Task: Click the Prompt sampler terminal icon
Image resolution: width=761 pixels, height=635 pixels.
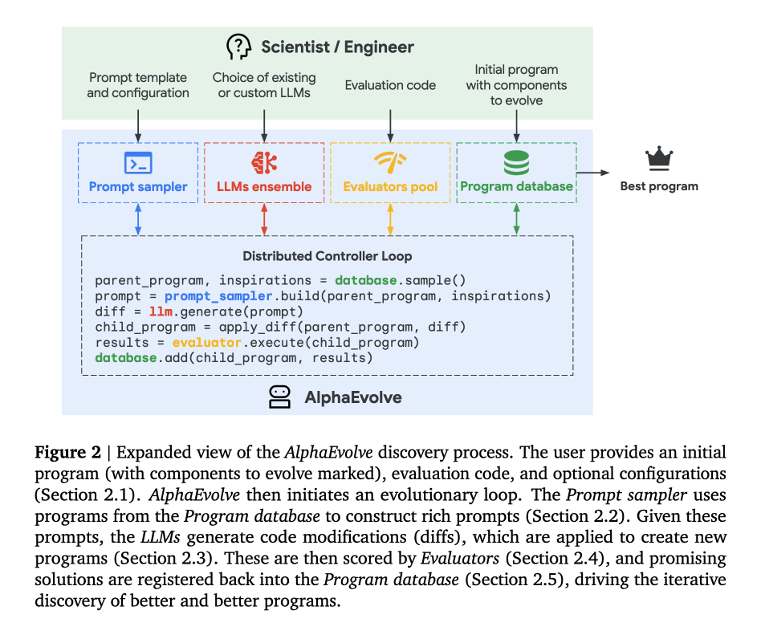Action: point(138,163)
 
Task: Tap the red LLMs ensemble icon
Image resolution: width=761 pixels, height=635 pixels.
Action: point(264,162)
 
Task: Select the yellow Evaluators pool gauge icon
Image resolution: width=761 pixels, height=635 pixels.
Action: point(390,162)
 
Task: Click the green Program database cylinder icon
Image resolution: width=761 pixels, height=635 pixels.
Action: point(516,162)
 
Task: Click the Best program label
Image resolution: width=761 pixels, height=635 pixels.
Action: point(659,186)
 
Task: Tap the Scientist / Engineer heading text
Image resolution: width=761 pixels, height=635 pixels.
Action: point(337,47)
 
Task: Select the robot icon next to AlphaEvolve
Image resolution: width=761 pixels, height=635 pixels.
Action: point(279,397)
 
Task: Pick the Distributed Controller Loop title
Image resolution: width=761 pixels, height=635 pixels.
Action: point(327,257)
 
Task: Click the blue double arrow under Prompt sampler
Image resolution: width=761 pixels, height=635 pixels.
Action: point(138,218)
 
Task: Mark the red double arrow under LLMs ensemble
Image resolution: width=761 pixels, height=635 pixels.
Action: point(264,218)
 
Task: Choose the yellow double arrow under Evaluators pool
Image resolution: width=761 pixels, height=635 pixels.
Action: point(390,218)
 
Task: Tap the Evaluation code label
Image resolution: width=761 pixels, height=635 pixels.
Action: point(390,85)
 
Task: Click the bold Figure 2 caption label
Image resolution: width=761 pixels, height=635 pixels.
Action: point(67,452)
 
